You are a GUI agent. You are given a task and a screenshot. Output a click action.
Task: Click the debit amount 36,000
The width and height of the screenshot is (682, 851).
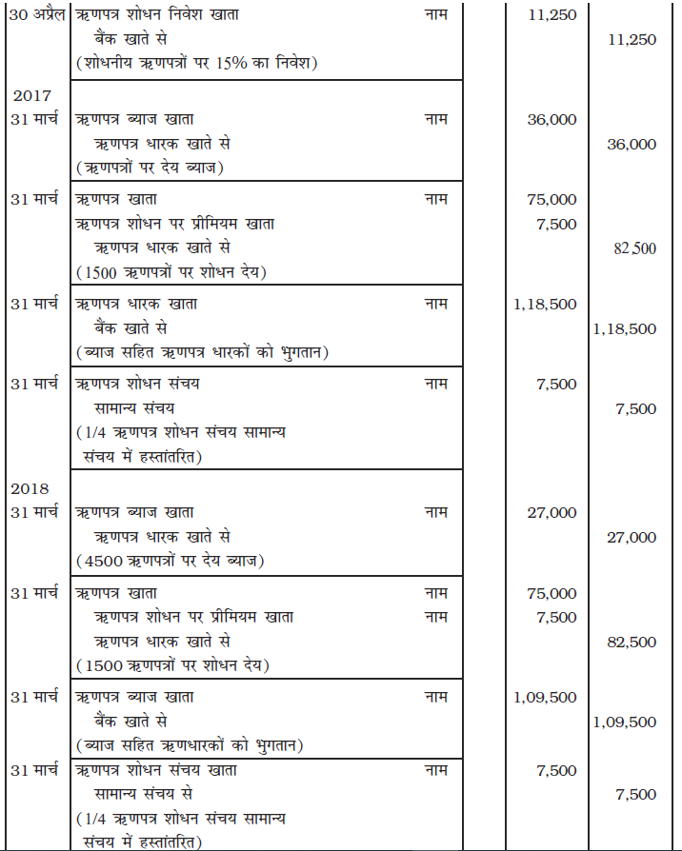tap(552, 120)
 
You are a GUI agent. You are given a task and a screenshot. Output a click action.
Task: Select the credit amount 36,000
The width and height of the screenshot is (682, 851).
tap(631, 144)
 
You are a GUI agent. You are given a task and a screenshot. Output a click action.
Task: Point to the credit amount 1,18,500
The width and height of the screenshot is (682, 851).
tap(624, 328)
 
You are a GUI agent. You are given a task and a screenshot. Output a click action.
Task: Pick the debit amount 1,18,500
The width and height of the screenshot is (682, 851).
tap(545, 305)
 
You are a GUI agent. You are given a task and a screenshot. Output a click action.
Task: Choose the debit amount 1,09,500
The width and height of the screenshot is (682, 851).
tap(545, 697)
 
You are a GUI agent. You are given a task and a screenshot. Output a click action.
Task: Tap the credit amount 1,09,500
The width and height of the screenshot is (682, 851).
tap(624, 722)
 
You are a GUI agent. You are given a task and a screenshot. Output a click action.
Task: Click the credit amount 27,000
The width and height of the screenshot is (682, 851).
tap(631, 537)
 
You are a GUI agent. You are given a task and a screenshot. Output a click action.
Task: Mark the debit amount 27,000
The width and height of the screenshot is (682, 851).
tap(552, 513)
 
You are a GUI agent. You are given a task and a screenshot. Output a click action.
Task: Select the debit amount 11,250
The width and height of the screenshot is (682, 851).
tap(552, 16)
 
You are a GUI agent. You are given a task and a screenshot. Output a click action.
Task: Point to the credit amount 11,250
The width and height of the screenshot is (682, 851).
tap(631, 40)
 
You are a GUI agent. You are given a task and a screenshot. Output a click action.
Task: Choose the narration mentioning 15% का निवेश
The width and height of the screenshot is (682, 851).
tap(195, 64)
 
